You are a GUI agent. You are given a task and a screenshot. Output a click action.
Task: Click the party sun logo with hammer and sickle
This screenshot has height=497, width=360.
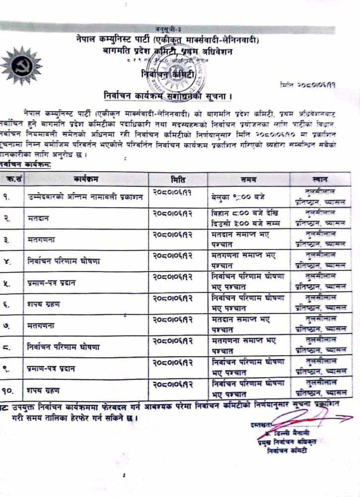click(x=20, y=65)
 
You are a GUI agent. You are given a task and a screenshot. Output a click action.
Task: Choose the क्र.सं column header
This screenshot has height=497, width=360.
click(x=11, y=178)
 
